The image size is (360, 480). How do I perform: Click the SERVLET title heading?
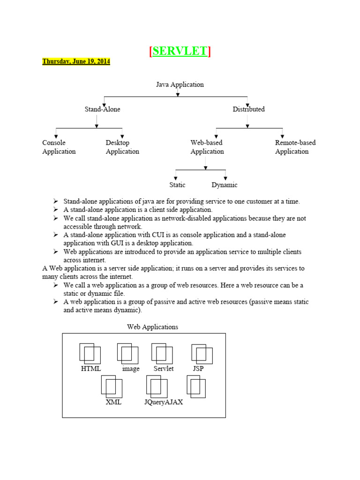coord(180,51)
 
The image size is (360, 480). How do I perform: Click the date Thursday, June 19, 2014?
coord(76,61)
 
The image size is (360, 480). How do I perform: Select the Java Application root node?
coord(180,85)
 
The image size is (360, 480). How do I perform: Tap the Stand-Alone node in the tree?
coord(102,109)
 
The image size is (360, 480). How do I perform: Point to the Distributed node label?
coord(248,109)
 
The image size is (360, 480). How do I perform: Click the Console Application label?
coord(59,147)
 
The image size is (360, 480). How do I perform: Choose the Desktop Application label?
coord(122,147)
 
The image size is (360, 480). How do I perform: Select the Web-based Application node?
coord(207,147)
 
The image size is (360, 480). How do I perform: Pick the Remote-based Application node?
coord(295,147)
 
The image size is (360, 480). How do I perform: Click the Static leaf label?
coord(177,185)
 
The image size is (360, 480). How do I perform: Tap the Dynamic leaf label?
coord(225,185)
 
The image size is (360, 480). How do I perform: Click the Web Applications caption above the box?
coord(152,327)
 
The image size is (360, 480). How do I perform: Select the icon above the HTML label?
coord(90,353)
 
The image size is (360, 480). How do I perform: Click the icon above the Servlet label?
coord(162,353)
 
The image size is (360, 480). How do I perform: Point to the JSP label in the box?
coord(198,369)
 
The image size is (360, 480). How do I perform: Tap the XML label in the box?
coord(113,402)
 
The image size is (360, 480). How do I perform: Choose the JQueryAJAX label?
coord(164,402)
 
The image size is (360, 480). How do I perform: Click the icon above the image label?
coord(127,353)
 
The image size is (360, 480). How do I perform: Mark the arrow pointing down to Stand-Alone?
coord(104,104)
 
